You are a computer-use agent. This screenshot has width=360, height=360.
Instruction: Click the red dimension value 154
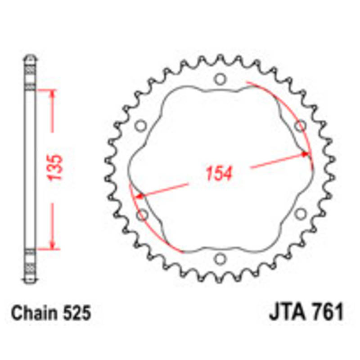click(219, 174)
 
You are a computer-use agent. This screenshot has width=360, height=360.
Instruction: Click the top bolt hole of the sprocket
click(220, 80)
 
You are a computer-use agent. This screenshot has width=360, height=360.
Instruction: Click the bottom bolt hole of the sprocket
click(220, 259)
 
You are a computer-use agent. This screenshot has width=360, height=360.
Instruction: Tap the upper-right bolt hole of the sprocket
click(300, 126)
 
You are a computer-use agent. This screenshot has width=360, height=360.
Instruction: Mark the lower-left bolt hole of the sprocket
click(142, 215)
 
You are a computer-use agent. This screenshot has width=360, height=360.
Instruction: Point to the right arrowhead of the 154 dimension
click(307, 154)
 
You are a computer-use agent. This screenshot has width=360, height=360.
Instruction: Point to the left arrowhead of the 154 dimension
click(139, 196)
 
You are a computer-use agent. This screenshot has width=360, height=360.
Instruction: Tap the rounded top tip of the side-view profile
click(30, 57)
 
